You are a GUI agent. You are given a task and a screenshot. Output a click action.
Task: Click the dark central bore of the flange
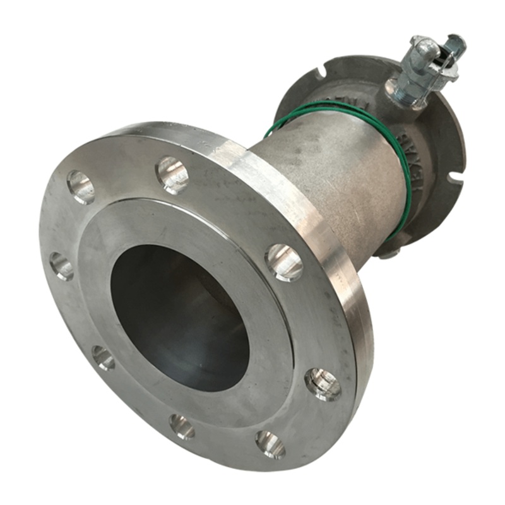pyautogui.click(x=180, y=316)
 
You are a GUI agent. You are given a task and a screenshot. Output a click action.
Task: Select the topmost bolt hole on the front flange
pyautogui.click(x=172, y=174)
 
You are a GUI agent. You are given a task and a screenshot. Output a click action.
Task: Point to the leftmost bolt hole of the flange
pyautogui.click(x=61, y=266)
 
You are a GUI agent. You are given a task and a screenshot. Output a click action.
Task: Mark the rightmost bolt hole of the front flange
pyautogui.click(x=323, y=383)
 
